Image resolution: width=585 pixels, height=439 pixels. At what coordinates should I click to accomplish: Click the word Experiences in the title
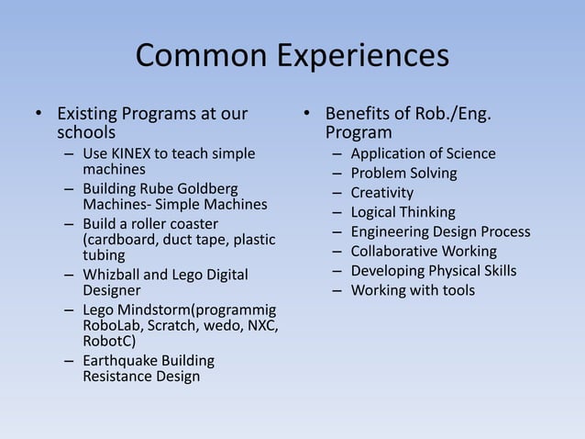point(362,57)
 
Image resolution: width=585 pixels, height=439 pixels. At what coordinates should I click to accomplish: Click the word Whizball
point(113,275)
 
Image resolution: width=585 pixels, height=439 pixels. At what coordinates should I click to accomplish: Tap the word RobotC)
point(109,343)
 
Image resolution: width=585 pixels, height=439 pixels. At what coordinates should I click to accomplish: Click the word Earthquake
point(124,360)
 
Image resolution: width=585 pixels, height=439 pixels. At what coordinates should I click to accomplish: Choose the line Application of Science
point(423,153)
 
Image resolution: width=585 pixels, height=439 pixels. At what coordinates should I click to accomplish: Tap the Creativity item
point(381,193)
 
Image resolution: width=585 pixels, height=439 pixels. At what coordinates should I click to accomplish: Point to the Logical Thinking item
point(403,212)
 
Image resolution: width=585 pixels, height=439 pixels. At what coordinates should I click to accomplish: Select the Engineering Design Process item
point(440,231)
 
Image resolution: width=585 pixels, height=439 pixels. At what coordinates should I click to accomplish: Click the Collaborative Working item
point(423,251)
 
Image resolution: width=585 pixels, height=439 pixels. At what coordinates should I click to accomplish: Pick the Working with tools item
point(413,290)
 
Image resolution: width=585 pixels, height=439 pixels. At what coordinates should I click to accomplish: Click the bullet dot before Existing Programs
point(38,116)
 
